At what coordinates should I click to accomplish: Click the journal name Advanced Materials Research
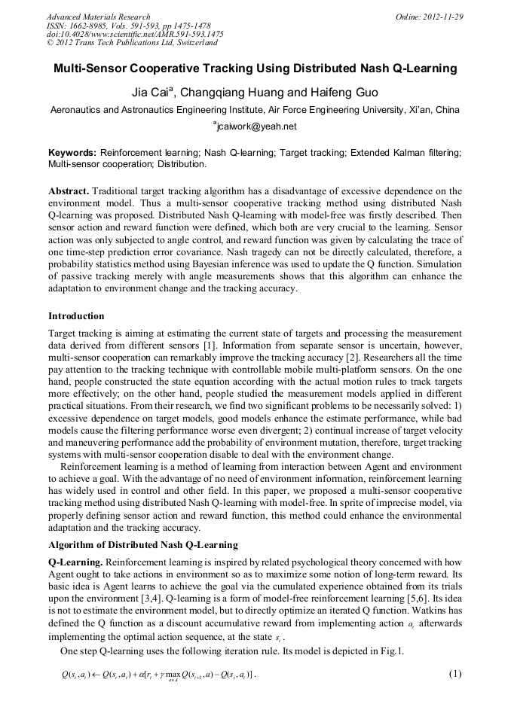[x=98, y=17]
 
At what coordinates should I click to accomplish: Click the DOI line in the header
[x=135, y=34]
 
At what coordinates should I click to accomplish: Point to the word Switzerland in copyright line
[x=193, y=43]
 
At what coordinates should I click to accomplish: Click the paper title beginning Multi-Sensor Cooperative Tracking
[x=255, y=69]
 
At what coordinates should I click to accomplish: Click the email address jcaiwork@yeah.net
[x=256, y=126]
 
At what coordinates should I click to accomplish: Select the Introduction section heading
[x=76, y=315]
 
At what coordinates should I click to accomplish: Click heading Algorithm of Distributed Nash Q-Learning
[x=142, y=544]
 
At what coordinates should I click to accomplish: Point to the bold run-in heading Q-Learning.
[x=75, y=562]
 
